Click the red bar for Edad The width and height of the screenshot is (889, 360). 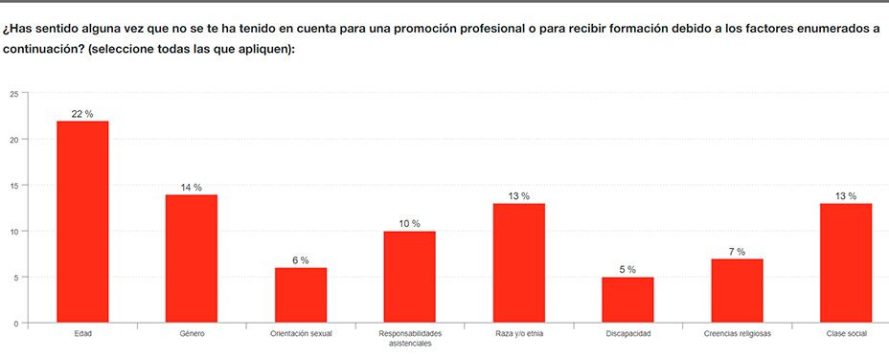coord(82,222)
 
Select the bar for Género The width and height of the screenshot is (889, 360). coord(192,259)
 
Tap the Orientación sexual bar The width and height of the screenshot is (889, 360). coord(301,295)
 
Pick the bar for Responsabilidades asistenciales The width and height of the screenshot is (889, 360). coord(410,277)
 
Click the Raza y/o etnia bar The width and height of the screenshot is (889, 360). coord(519,263)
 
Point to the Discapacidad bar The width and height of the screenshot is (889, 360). coord(627,300)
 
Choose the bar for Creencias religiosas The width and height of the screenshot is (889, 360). coord(737,290)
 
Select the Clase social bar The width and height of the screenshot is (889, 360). coord(846,263)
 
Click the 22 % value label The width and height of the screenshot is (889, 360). coord(82,114)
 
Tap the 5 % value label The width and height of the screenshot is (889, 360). coord(627,270)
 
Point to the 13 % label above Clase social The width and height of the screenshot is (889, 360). coord(846,196)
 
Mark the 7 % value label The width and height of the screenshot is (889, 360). coord(737,252)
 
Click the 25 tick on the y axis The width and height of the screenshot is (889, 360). coord(13,94)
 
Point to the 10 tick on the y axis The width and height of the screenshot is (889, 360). coord(13,232)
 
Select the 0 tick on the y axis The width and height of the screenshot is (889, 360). coord(15,324)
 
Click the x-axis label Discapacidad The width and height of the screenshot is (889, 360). coord(627,334)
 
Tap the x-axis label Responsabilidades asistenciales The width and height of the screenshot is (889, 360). coord(410,339)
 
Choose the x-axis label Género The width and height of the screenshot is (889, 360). coord(192,334)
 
